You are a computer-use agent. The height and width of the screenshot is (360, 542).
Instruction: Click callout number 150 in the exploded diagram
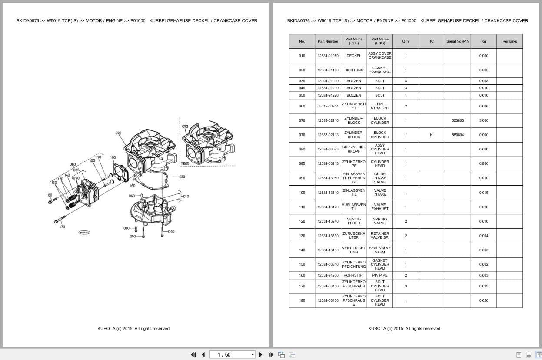point(113,158)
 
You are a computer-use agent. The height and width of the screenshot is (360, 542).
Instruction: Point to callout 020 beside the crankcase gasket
point(182,177)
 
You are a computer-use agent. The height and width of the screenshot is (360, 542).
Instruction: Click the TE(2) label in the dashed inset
point(185,164)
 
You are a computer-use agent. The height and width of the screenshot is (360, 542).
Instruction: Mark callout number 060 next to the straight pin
point(132,196)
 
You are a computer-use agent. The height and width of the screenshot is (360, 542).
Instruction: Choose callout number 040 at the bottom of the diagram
point(171,232)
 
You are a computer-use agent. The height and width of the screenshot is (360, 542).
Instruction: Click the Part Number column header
point(328,42)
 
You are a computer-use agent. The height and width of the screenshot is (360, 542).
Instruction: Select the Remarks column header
point(509,42)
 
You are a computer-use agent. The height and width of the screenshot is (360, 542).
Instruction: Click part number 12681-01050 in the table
point(328,56)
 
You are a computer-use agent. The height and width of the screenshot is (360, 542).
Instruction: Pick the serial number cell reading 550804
point(458,135)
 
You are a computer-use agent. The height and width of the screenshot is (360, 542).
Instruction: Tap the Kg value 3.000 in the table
point(483,120)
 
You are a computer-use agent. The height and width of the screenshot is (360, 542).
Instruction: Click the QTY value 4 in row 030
point(406,81)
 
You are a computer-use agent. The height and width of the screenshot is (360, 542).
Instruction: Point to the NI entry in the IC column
point(432,135)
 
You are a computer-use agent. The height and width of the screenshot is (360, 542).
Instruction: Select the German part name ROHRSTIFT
point(354,275)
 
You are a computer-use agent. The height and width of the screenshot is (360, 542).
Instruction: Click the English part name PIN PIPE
point(380,275)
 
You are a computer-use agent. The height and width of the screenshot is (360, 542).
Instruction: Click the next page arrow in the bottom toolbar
point(261,355)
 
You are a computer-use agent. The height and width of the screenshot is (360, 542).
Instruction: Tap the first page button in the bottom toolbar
point(193,355)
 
